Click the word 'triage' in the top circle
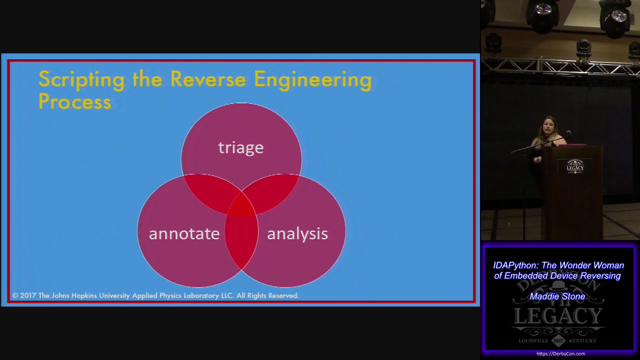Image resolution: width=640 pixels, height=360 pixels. pyautogui.click(x=240, y=148)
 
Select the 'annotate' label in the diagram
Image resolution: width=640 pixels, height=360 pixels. pyautogui.click(x=184, y=234)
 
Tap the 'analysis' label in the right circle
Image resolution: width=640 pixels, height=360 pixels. pyautogui.click(x=297, y=234)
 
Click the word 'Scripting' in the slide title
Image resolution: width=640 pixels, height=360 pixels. pyautogui.click(x=81, y=80)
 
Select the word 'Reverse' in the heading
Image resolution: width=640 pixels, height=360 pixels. pyautogui.click(x=208, y=79)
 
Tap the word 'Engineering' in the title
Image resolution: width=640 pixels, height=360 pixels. pyautogui.click(x=312, y=80)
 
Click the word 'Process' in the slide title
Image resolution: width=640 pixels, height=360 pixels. pyautogui.click(x=74, y=101)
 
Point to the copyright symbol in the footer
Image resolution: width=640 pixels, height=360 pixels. pyautogui.click(x=15, y=296)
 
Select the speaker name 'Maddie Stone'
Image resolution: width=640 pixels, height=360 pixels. pyautogui.click(x=557, y=296)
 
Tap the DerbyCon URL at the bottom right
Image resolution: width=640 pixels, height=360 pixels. pyautogui.click(x=560, y=354)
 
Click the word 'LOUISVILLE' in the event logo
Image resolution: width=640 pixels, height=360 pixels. pyautogui.click(x=533, y=341)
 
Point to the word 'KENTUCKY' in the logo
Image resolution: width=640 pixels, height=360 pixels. pyautogui.click(x=582, y=341)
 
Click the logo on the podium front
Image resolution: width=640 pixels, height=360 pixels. pyautogui.click(x=575, y=166)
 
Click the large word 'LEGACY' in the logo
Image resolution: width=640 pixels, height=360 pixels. pyautogui.click(x=558, y=316)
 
